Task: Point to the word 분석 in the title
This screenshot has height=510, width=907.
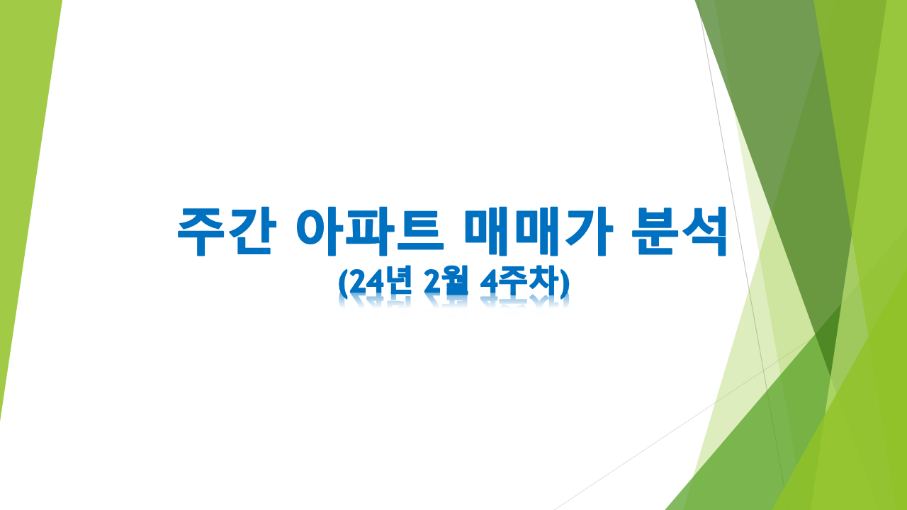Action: [x=680, y=232]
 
